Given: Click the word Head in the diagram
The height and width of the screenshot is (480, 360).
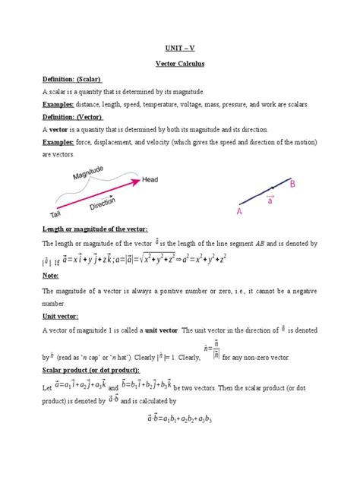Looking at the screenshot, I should click(151, 181).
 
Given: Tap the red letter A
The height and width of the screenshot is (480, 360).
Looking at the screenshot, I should click(242, 213).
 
